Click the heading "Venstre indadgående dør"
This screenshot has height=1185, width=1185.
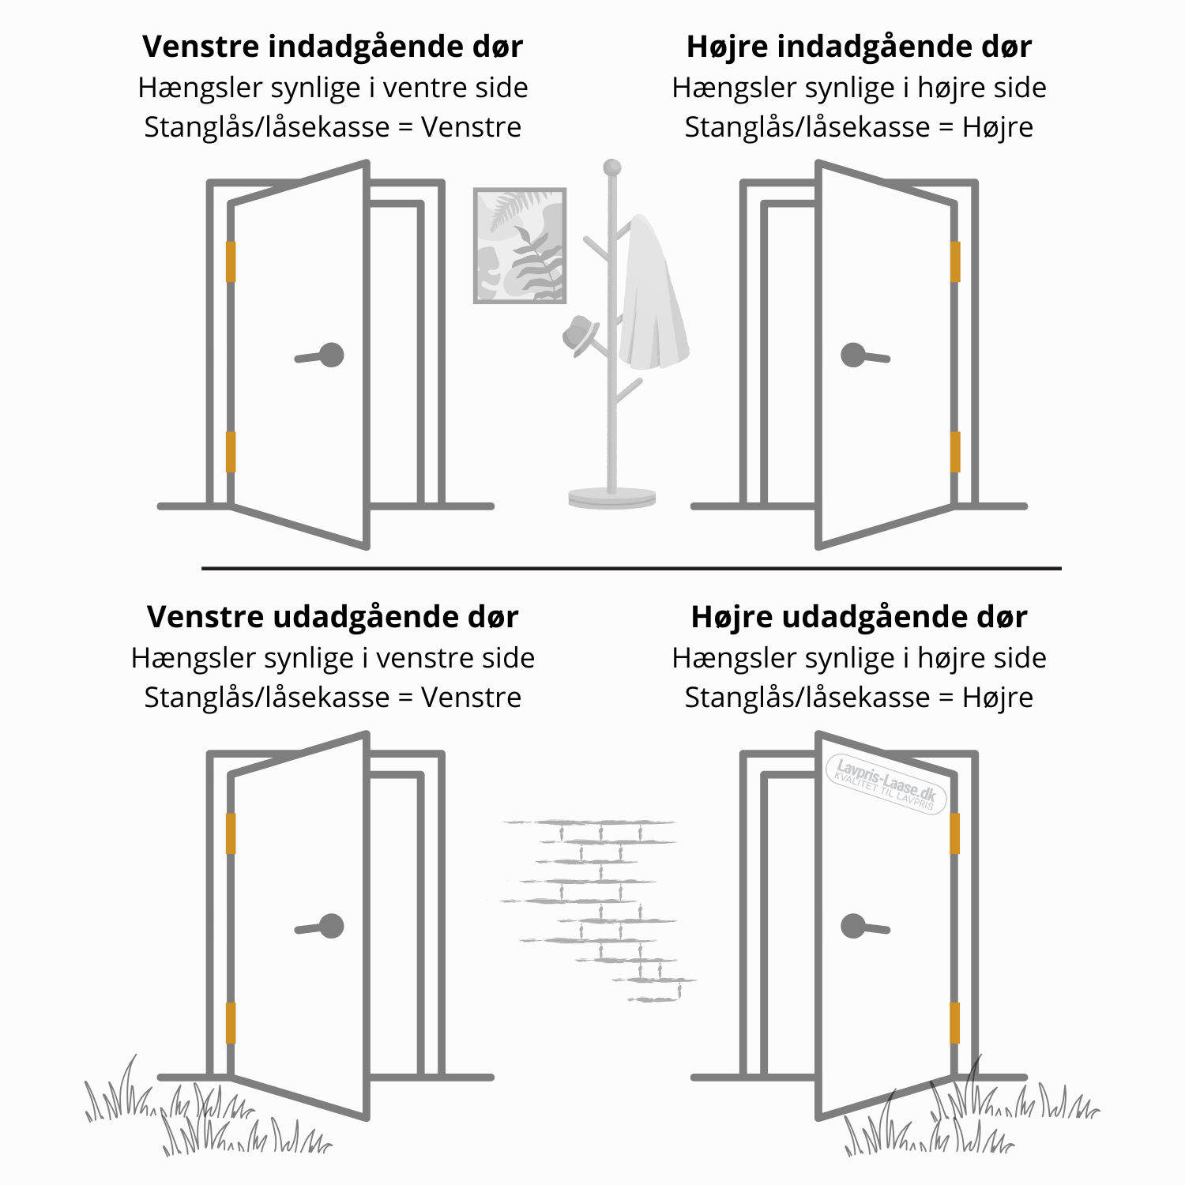pyautogui.click(x=333, y=47)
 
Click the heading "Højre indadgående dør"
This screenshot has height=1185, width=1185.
pyautogui.click(x=859, y=47)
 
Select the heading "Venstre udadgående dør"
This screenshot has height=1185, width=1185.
pyautogui.click(x=333, y=617)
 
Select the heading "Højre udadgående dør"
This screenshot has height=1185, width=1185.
pyautogui.click(x=859, y=617)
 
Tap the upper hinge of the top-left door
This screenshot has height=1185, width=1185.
pyautogui.click(x=231, y=261)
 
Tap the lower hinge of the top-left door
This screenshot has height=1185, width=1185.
pyautogui.click(x=231, y=452)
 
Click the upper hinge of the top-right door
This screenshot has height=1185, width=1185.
pyautogui.click(x=955, y=261)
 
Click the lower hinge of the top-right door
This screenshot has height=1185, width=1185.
pyautogui.click(x=955, y=452)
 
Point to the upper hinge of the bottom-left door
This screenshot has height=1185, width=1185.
pyautogui.click(x=231, y=833)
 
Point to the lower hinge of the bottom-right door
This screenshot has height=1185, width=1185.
pyautogui.click(x=955, y=1023)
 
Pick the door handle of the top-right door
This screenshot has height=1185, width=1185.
pyautogui.click(x=865, y=355)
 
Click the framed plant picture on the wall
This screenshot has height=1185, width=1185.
pyautogui.click(x=520, y=246)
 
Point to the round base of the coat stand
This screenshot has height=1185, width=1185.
pyautogui.click(x=612, y=498)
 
